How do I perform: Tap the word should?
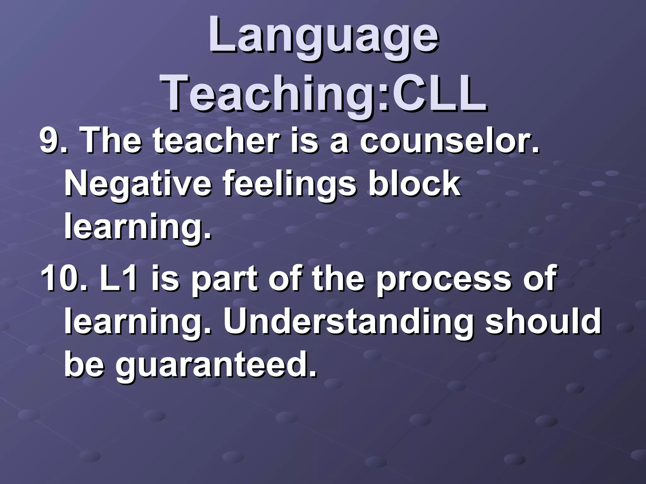(x=543, y=321)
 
